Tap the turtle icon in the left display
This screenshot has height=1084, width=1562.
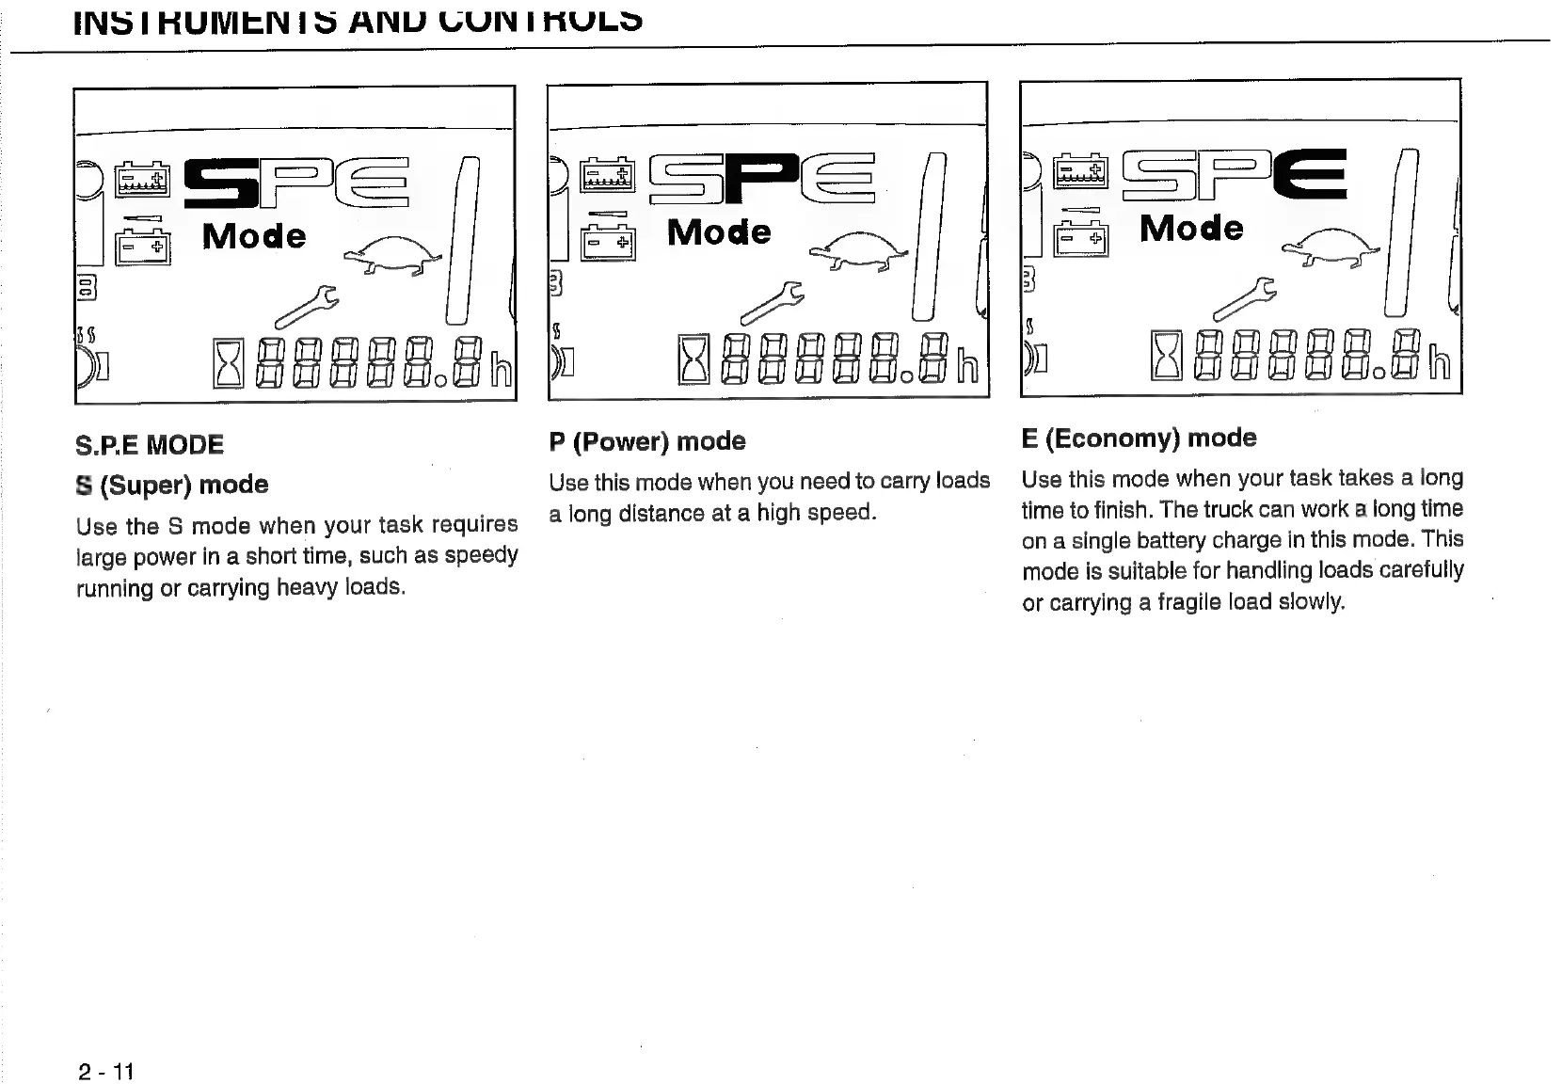click(393, 254)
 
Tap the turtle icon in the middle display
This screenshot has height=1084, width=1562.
click(859, 250)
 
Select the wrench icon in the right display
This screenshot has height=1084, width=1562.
click(1244, 296)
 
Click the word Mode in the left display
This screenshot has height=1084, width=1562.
click(254, 235)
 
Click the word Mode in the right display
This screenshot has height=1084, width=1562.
click(1191, 228)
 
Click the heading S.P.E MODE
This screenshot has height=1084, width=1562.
click(150, 445)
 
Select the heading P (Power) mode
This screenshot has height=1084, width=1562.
click(647, 441)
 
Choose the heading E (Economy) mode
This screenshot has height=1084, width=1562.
click(1139, 438)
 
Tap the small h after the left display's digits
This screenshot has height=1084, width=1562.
click(502, 368)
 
